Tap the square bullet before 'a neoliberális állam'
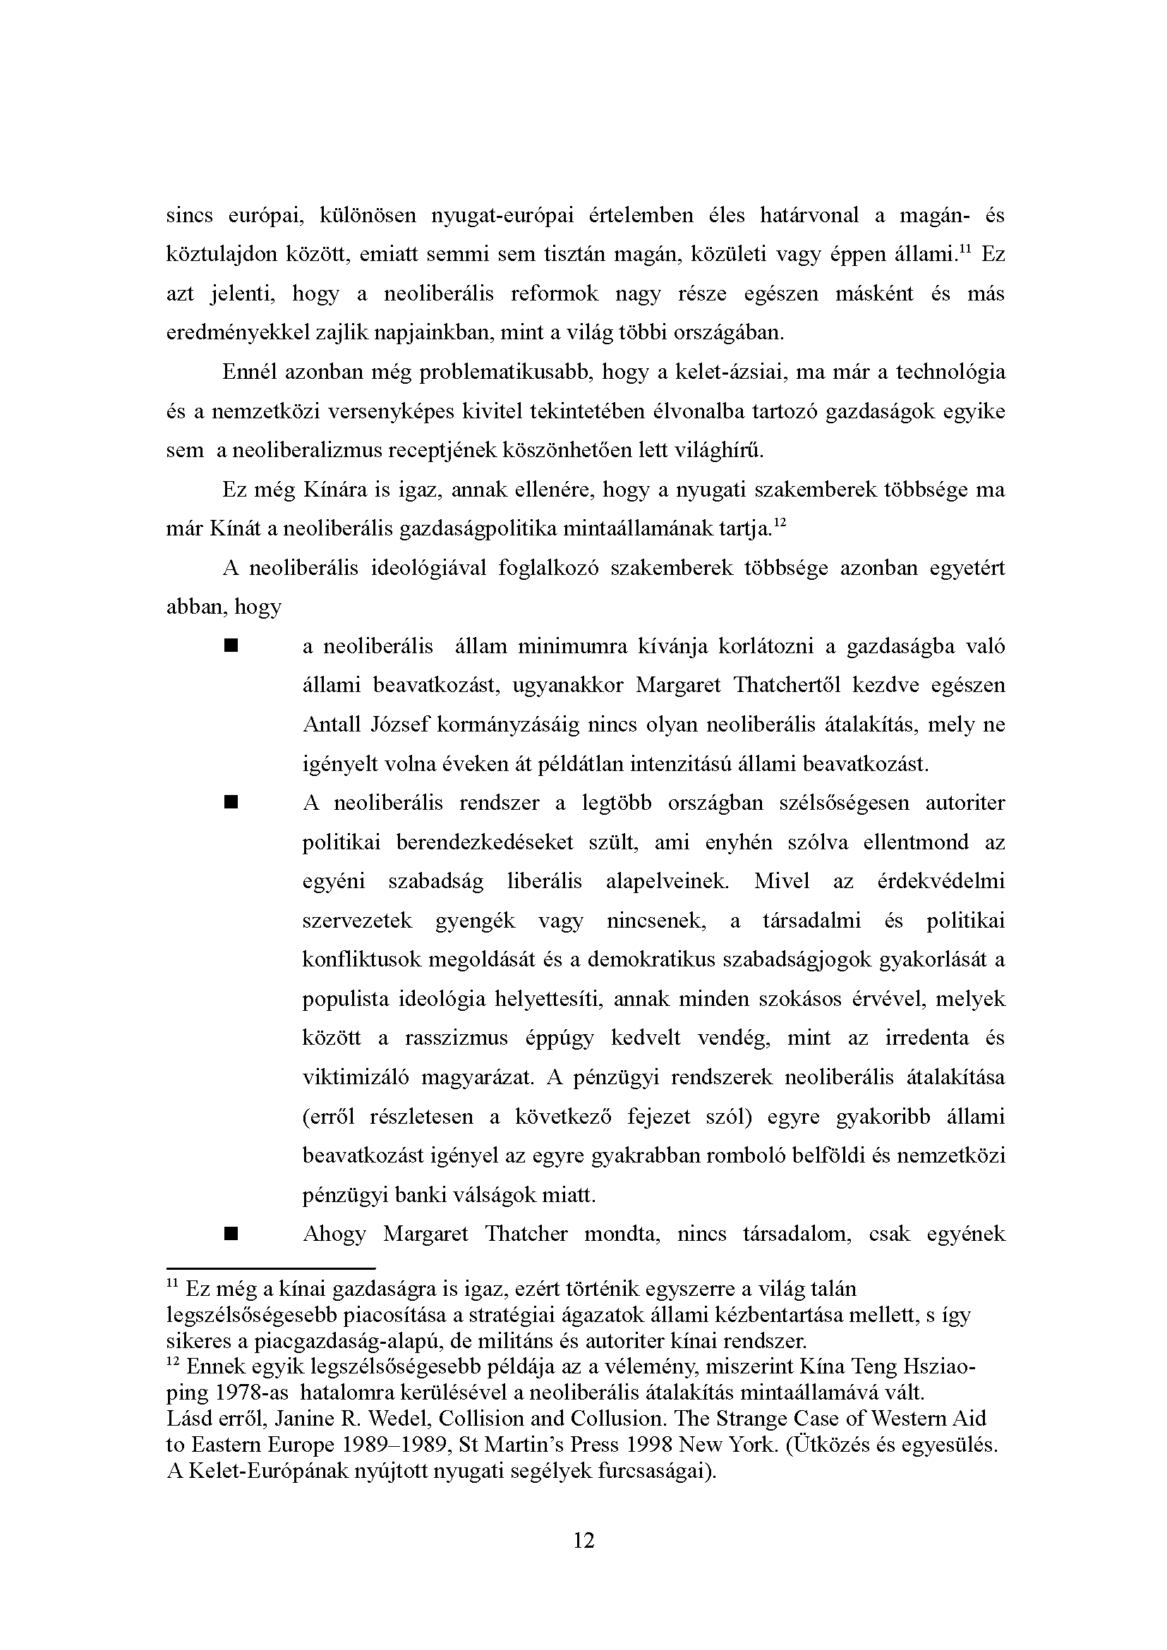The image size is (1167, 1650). [231, 647]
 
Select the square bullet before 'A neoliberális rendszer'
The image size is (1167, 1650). [231, 802]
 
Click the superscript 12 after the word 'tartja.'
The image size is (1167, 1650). [781, 523]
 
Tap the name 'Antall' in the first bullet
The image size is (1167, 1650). [332, 724]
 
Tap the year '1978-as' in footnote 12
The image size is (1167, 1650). [251, 1393]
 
